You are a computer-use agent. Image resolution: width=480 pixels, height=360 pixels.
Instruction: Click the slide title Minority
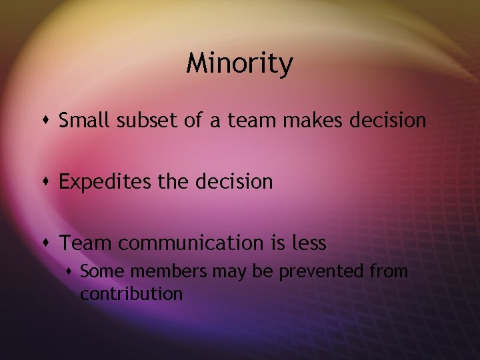pos(239,64)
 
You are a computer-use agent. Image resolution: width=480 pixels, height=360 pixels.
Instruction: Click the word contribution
pos(131,293)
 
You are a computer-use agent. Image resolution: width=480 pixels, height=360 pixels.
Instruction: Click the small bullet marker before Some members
pos(70,271)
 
